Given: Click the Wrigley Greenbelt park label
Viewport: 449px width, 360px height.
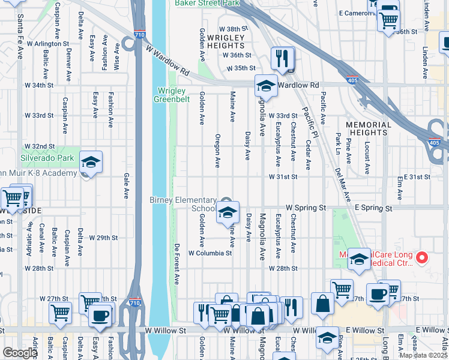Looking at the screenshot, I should pos(172,95).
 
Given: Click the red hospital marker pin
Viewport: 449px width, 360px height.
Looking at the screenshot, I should pos(421,258).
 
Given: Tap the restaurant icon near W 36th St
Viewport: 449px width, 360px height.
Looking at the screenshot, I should pos(281,58).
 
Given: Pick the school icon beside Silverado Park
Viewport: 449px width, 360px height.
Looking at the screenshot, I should pos(91,163).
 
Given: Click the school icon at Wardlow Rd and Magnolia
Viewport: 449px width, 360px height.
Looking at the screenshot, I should pos(266,86).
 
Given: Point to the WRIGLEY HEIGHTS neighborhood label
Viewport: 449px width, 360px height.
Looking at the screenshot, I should pos(221,42).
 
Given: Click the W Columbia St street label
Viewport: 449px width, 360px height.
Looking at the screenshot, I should pos(210,253).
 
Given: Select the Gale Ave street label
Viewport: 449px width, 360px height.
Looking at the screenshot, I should pos(127,186).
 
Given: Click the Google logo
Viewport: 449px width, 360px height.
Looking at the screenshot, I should pos(20,353).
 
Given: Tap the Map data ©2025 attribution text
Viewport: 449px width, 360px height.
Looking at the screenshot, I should pos(423,355).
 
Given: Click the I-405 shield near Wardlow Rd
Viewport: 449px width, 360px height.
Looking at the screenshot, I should pos(353,79).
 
